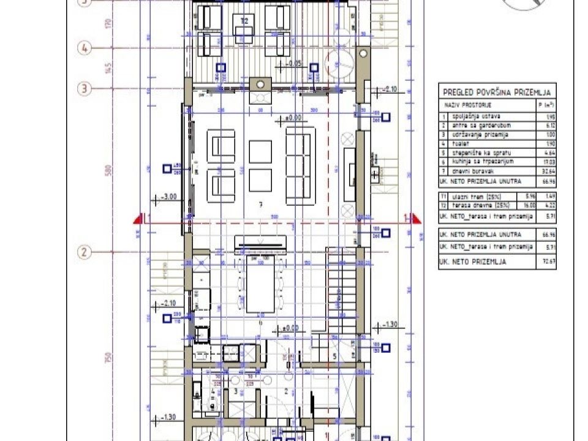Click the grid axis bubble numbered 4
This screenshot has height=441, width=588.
click(85, 48)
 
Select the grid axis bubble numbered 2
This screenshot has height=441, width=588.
click(85, 252)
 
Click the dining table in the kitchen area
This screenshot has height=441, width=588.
click(260, 288)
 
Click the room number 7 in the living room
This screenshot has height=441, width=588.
click(260, 206)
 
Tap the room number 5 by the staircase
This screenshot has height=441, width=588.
click(334, 355)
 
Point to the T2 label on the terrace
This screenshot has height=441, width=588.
click(244, 21)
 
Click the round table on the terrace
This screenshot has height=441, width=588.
click(339, 62)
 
